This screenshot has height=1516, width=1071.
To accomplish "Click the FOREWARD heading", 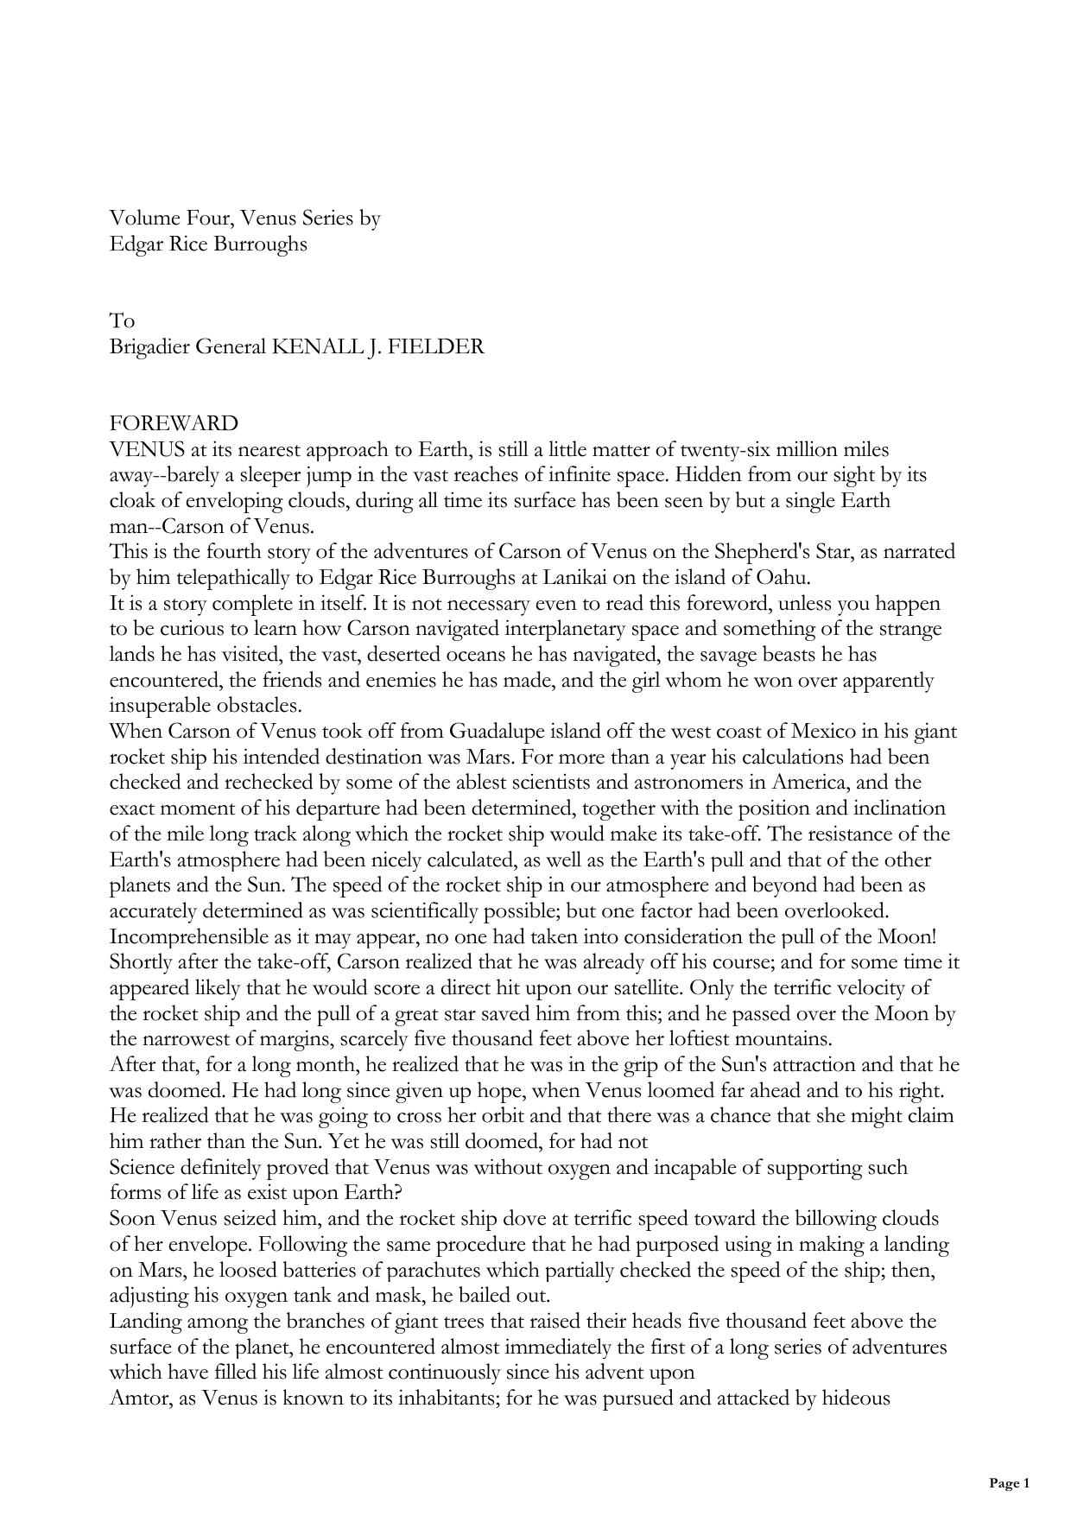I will (174, 424).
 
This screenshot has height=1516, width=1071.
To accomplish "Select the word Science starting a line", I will (142, 1168).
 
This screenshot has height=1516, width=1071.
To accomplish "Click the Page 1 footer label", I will (1009, 1484).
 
